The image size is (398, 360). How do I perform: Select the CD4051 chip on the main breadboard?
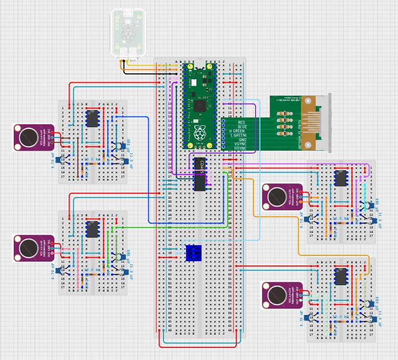tap(200, 174)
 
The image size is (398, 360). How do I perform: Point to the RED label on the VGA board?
tap(240, 122)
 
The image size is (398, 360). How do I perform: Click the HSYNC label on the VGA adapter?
tap(240, 148)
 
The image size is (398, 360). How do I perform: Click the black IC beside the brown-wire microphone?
tap(92, 118)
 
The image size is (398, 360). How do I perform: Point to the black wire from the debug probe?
tap(142, 73)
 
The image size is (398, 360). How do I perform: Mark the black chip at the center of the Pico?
tap(199, 105)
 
